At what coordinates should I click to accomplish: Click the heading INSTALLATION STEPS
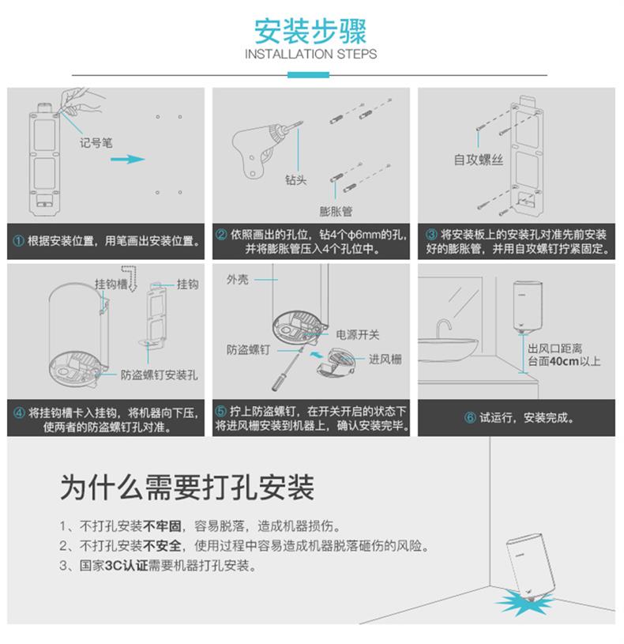click(x=310, y=55)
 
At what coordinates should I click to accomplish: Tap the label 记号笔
click(x=96, y=143)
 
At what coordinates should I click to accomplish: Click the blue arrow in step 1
click(x=128, y=159)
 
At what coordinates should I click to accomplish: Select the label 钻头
click(x=296, y=180)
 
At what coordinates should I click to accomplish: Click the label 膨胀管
click(x=336, y=212)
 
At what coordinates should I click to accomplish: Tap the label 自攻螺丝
click(x=478, y=160)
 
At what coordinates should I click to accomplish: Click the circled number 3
click(x=431, y=235)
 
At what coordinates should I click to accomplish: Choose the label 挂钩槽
click(x=111, y=284)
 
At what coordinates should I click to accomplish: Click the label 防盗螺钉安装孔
click(x=160, y=375)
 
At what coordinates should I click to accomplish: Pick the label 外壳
click(x=238, y=280)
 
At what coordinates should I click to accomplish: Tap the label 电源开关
click(x=358, y=335)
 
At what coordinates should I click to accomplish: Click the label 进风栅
click(x=385, y=360)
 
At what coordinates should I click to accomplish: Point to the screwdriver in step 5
click(x=287, y=369)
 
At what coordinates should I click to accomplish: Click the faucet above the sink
click(x=443, y=328)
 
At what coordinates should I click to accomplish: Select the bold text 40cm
click(x=564, y=361)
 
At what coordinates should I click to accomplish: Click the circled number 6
click(x=470, y=418)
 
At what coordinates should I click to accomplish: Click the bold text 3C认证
click(x=126, y=566)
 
